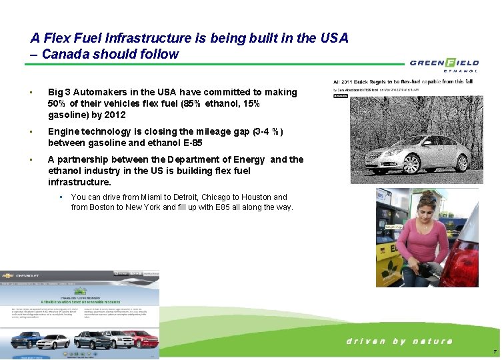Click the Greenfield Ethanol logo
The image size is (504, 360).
443,65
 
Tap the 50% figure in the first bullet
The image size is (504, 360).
58,103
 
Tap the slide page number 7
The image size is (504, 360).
494,351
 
